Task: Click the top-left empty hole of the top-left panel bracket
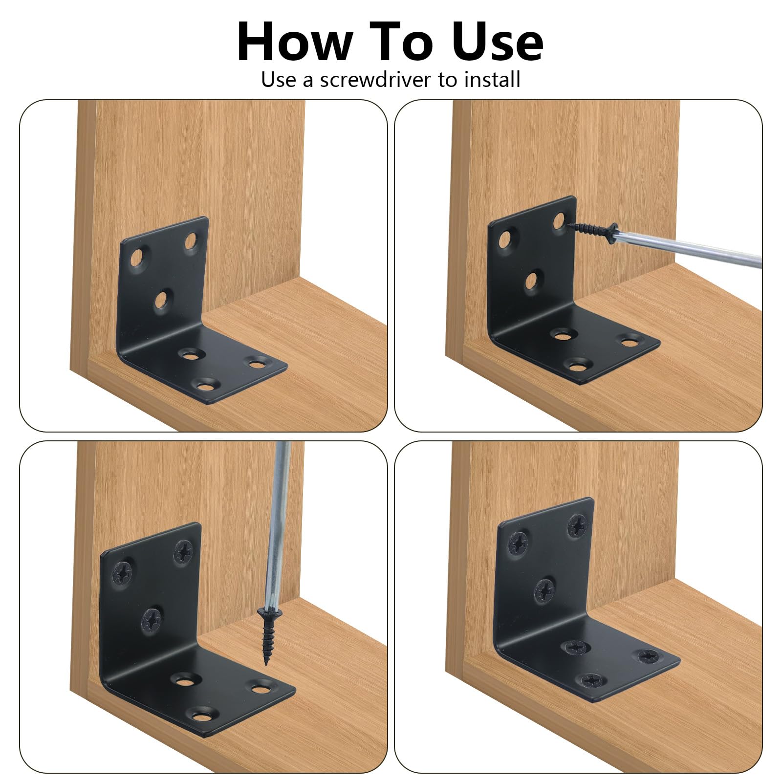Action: [x=138, y=259]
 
